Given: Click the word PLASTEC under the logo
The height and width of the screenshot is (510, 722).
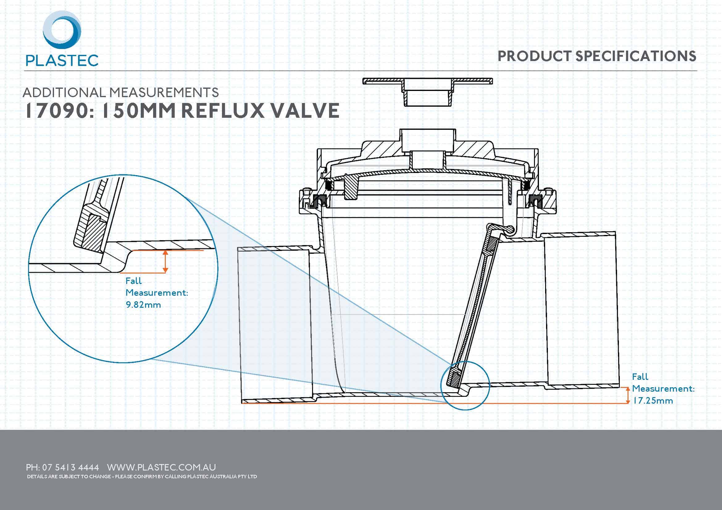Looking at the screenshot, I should coord(62,60).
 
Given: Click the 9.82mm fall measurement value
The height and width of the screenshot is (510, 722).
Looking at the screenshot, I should coord(144,305).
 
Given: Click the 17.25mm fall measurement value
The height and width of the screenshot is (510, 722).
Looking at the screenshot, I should coord(653,401).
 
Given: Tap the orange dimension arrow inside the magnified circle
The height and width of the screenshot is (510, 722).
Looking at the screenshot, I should coord(165,261).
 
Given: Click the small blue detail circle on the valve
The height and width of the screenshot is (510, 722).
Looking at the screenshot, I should coord(465,385).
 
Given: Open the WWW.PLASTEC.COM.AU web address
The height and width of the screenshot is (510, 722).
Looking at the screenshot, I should coord(161,467).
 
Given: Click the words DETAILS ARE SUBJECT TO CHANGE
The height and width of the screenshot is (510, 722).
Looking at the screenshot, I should coord(69,476).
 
